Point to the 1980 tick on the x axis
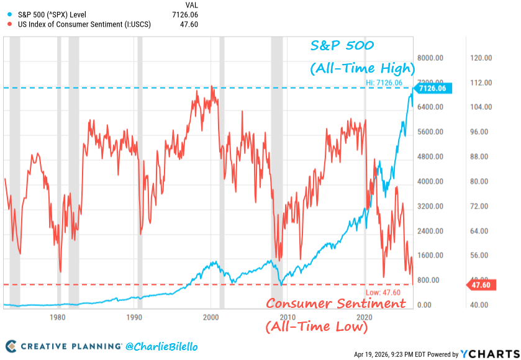click(x=57, y=316)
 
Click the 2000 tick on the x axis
click(x=211, y=316)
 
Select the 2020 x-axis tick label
click(x=365, y=316)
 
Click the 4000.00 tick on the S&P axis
click(x=428, y=181)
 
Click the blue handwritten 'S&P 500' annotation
click(x=342, y=47)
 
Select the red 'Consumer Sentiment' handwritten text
click(x=336, y=304)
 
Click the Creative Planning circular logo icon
click(x=11, y=346)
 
